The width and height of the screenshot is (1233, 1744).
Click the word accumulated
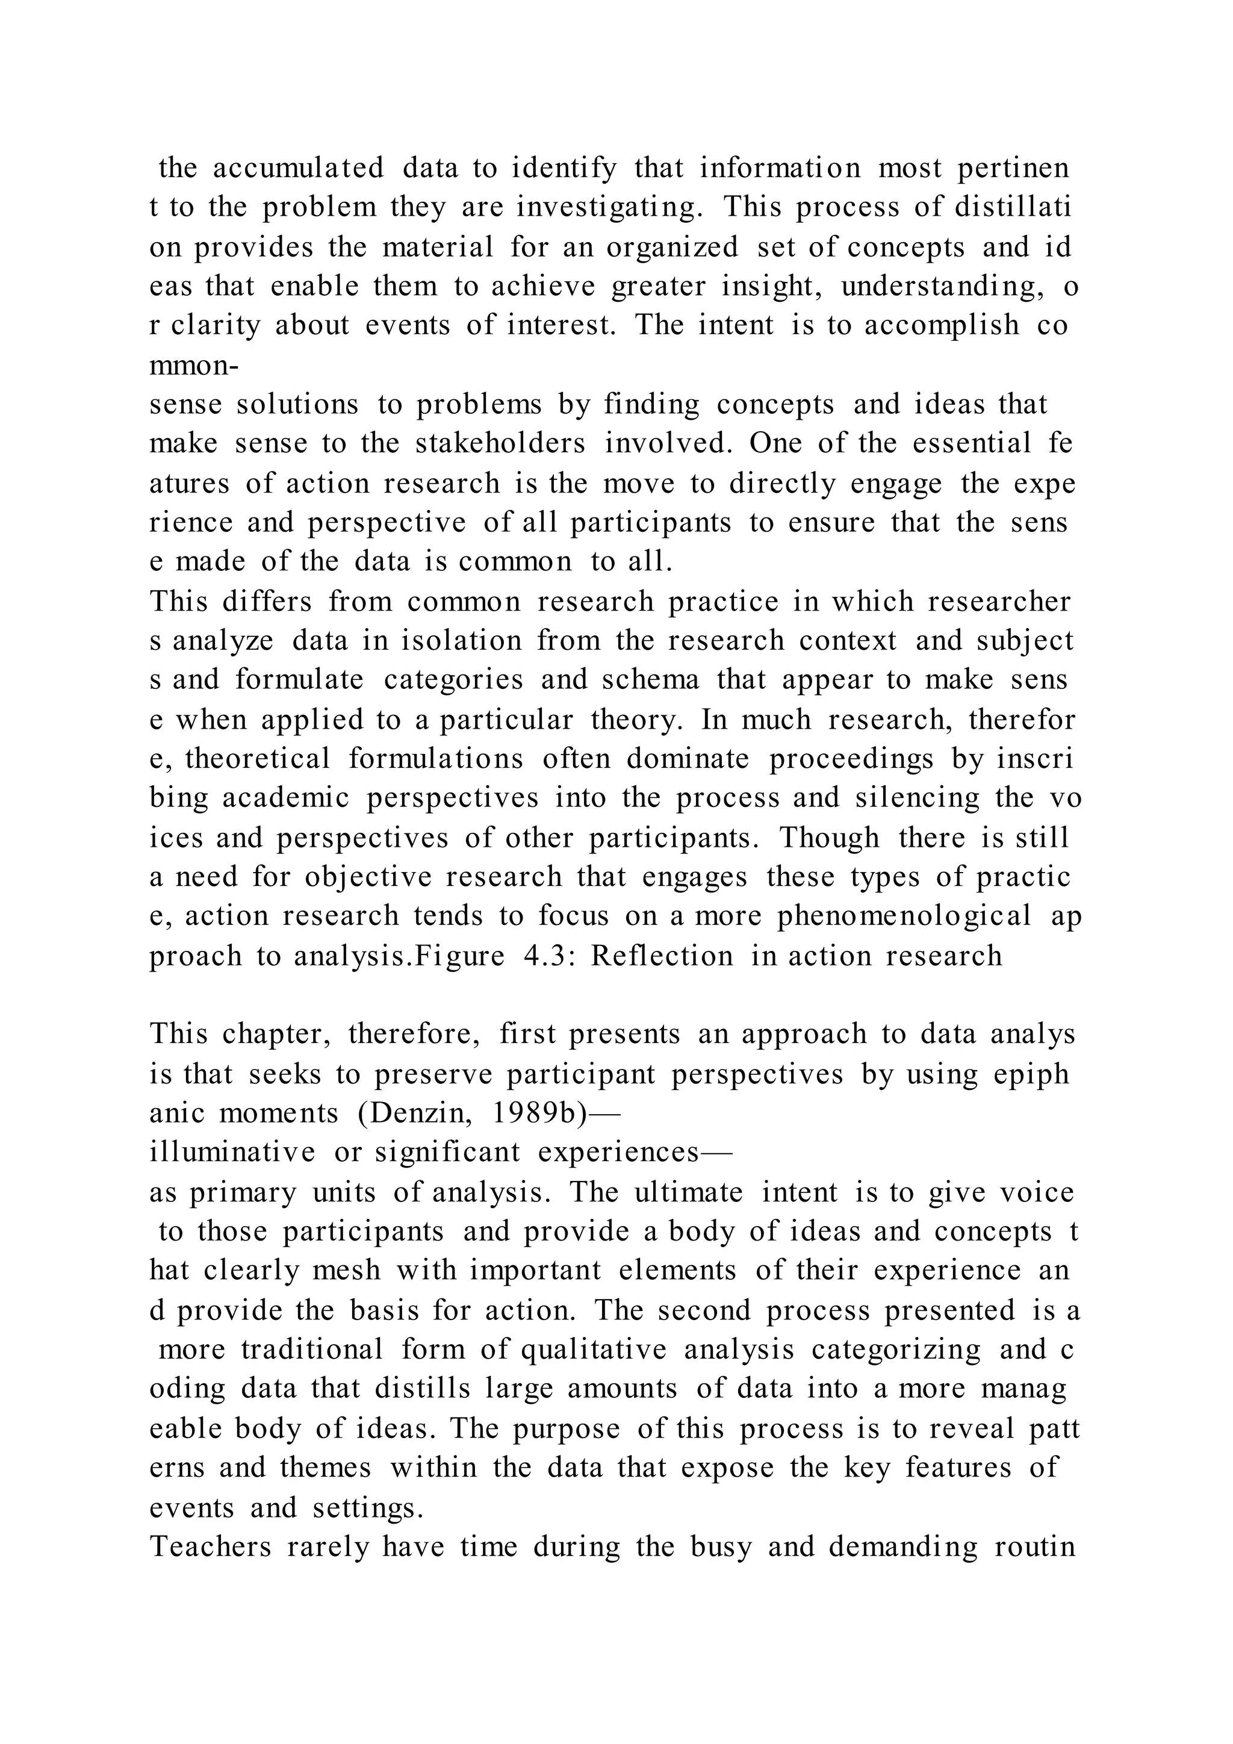pyautogui.click(x=299, y=169)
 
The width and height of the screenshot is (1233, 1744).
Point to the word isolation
pyautogui.click(x=462, y=640)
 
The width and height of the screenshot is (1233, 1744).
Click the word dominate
pyautogui.click(x=688, y=759)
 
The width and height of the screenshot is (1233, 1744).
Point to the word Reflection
pyautogui.click(x=662, y=956)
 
